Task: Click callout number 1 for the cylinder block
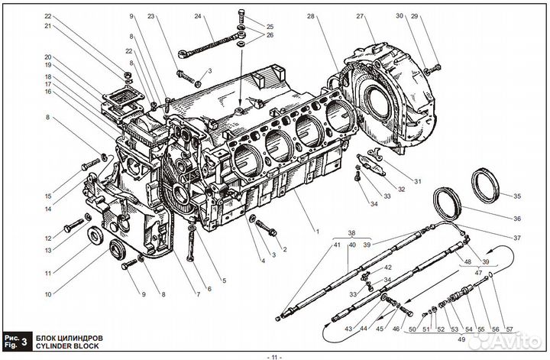(x=318, y=232)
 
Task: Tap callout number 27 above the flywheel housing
(x=360, y=16)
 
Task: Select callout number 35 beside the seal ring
(x=517, y=196)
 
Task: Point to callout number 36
(x=517, y=219)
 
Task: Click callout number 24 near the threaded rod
(x=198, y=16)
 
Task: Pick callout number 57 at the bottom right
(x=510, y=329)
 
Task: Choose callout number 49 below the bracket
(x=461, y=339)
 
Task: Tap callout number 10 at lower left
(x=48, y=294)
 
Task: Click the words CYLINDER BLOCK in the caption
(x=67, y=345)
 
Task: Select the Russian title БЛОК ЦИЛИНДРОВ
(x=69, y=339)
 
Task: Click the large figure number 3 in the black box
(x=24, y=342)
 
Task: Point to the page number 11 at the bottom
(x=274, y=357)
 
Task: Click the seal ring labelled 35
(x=485, y=186)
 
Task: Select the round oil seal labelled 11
(x=95, y=235)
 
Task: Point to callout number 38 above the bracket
(x=352, y=232)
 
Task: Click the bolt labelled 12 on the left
(x=73, y=225)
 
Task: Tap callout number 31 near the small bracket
(x=417, y=181)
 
